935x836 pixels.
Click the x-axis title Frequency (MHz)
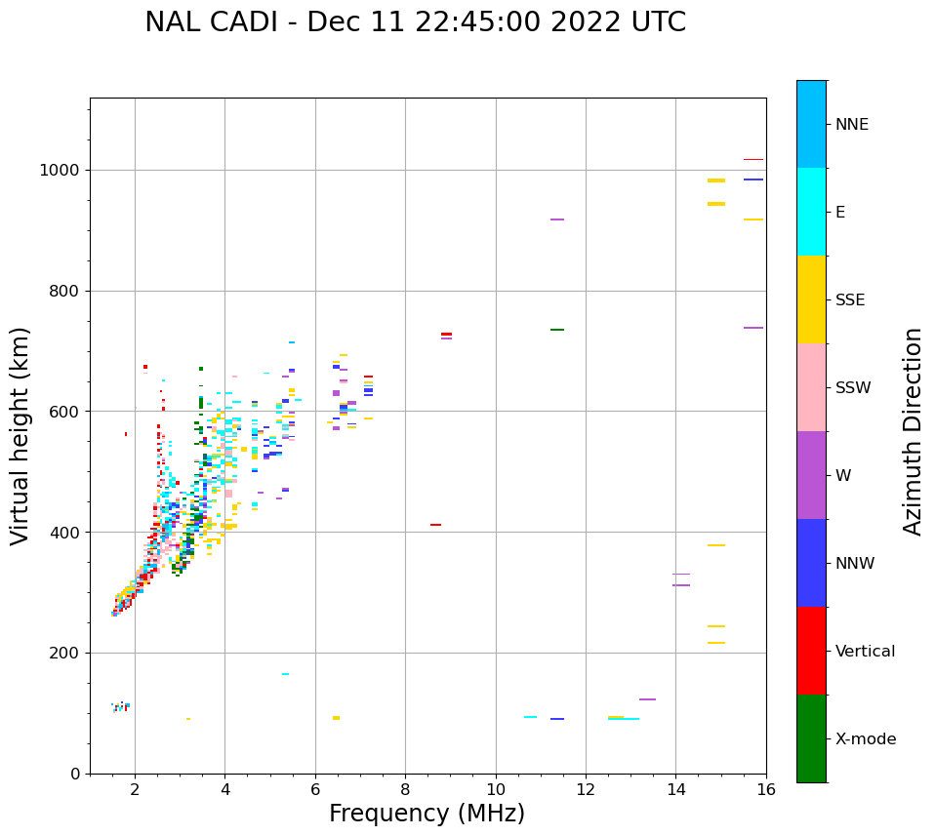click(x=427, y=814)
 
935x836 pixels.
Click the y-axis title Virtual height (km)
click(x=20, y=436)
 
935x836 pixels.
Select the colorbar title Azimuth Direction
click(x=913, y=430)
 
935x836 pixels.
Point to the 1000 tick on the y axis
click(x=61, y=171)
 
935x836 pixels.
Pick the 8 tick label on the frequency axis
click(x=405, y=788)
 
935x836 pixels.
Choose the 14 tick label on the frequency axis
click(x=676, y=788)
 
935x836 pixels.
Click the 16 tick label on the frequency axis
click(x=766, y=788)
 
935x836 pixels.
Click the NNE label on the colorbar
click(x=851, y=125)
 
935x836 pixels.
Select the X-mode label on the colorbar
click(x=865, y=739)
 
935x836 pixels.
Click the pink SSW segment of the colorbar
click(x=811, y=387)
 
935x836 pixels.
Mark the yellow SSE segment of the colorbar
click(x=811, y=299)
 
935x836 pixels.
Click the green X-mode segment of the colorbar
click(x=811, y=738)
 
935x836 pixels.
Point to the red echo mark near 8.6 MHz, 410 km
click(x=435, y=525)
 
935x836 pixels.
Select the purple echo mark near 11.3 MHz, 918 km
click(x=557, y=219)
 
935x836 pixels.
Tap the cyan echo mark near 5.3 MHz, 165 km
click(x=285, y=674)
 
